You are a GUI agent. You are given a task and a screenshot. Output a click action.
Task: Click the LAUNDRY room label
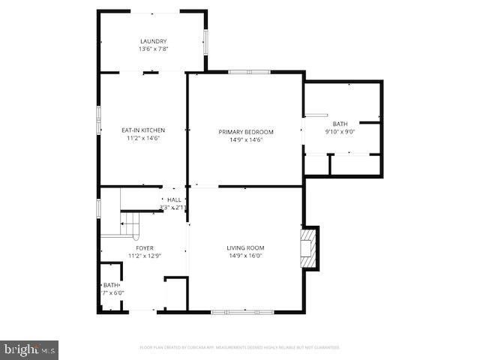pos(153,41)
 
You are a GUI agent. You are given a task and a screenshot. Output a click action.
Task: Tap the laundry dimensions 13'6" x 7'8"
pos(153,49)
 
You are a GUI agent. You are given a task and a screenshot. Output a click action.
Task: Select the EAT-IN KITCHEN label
pos(143,130)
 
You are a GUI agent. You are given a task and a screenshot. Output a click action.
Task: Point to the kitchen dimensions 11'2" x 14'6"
pos(143,138)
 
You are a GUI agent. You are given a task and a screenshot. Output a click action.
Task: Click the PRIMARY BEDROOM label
pos(246,132)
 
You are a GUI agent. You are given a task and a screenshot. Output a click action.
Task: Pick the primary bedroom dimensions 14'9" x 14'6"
pos(246,139)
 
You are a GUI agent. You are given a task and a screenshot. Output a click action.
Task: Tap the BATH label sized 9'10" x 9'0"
pos(340,124)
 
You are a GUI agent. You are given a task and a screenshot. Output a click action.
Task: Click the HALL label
pos(174,199)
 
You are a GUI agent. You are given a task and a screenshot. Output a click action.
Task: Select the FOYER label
pos(145,247)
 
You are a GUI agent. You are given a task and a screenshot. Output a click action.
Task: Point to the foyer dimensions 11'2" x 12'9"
pos(145,256)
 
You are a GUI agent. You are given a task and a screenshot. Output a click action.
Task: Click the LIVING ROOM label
pos(245,247)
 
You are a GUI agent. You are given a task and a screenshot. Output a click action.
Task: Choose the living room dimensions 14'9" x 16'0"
pos(245,256)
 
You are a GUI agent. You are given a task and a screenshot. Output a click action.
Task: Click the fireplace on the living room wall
pos(308,247)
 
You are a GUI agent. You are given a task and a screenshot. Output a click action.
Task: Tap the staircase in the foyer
pos(131,223)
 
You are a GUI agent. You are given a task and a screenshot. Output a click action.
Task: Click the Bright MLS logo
pos(30,349)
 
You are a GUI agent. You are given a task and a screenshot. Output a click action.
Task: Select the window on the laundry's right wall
pos(206,40)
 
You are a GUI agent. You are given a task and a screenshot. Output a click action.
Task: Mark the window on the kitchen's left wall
pos(98,119)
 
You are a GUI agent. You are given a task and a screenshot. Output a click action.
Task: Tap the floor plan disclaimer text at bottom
pos(240,348)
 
